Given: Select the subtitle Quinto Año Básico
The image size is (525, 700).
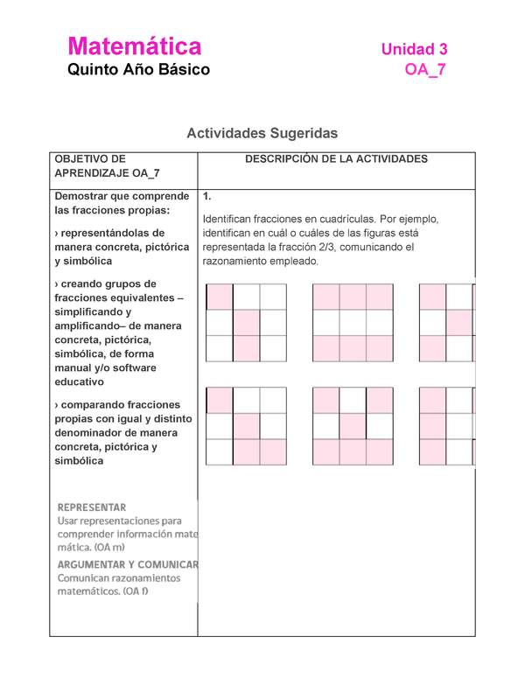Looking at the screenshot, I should [x=139, y=70].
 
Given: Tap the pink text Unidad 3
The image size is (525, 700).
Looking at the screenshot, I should [x=414, y=50].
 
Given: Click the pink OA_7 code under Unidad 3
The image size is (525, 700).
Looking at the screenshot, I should [x=426, y=71].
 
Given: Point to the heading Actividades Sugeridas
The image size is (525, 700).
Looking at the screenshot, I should [x=262, y=133].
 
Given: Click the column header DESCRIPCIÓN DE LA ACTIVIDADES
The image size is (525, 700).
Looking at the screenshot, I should [x=336, y=159].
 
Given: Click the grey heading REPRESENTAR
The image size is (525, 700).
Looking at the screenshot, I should [x=92, y=507].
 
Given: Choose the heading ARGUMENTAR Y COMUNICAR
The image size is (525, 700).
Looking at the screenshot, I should [x=128, y=564].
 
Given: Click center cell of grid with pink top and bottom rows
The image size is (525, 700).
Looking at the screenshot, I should [x=353, y=323].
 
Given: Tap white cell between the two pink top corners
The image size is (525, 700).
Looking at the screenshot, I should [x=353, y=400].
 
